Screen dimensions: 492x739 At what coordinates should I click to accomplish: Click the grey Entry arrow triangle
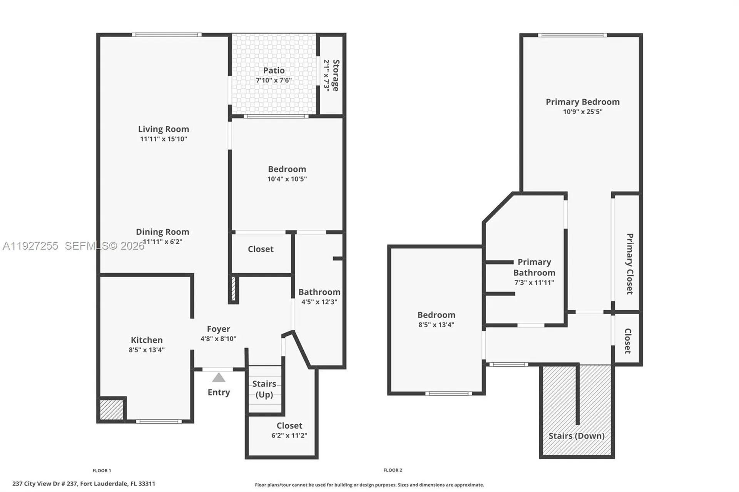tap(219, 378)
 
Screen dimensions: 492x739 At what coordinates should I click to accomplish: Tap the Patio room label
tap(274, 70)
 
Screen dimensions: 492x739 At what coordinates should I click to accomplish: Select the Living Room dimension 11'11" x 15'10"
tap(164, 139)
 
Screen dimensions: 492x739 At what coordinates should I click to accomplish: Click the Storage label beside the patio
tap(336, 75)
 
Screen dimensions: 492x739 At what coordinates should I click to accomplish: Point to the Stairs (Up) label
tap(264, 389)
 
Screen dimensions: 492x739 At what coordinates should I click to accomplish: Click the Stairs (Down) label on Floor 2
tap(576, 436)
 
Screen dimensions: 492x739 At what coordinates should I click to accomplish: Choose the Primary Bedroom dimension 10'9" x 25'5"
tap(582, 112)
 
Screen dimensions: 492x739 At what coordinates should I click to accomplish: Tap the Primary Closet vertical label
tap(629, 264)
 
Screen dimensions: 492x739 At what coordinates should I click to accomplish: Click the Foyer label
tap(218, 329)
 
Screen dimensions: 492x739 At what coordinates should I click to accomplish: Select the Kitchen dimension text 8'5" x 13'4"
tap(147, 350)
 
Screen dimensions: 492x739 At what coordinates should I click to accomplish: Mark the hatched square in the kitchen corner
tap(111, 410)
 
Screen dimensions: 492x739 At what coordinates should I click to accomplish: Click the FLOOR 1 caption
tap(102, 470)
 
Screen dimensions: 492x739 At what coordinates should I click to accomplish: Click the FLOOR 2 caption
tap(393, 470)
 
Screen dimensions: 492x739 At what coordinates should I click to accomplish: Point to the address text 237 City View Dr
tap(84, 484)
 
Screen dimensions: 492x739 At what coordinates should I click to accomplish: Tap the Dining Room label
tap(162, 232)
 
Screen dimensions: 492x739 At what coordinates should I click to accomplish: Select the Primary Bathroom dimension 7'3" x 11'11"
tap(534, 282)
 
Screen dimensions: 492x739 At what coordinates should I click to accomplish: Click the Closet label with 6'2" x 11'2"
tap(289, 426)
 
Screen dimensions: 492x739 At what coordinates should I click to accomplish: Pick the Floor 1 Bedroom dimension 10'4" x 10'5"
tap(287, 179)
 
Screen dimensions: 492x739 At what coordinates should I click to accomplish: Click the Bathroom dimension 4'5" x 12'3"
tap(319, 302)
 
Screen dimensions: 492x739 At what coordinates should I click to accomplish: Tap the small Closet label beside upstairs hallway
tap(627, 341)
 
